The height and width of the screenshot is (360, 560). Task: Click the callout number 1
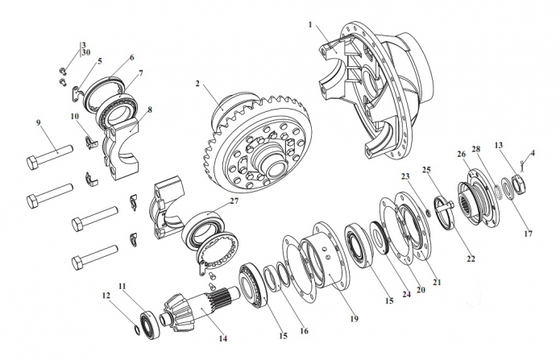point(310,24)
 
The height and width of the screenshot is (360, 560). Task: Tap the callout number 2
point(197,83)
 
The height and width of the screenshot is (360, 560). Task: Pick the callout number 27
point(234,201)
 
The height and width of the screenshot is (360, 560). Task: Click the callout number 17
point(529,234)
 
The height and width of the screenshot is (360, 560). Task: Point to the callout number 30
point(85,52)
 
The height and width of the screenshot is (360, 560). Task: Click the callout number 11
point(122,286)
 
